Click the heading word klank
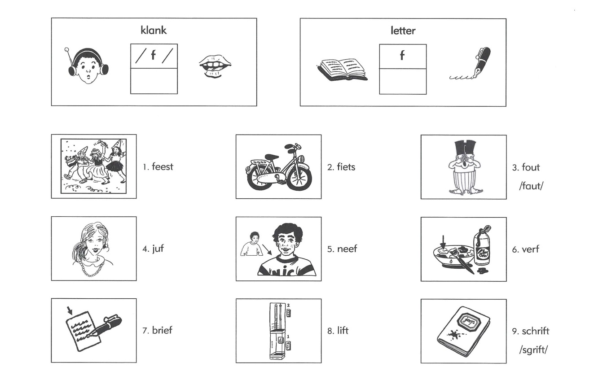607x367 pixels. click(x=154, y=30)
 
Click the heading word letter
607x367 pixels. click(x=403, y=31)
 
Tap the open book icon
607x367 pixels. click(x=343, y=70)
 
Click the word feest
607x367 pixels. click(x=163, y=166)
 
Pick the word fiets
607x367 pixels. click(x=346, y=167)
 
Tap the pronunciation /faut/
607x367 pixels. click(x=531, y=186)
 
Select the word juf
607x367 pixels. click(x=158, y=249)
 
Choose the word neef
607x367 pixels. click(x=347, y=249)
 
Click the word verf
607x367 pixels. click(x=530, y=249)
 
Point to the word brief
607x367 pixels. click(x=162, y=330)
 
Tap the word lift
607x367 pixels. click(x=343, y=331)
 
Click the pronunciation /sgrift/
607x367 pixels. click(x=533, y=350)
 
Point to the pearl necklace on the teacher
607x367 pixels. click(x=92, y=267)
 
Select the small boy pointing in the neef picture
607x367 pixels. click(x=251, y=244)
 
